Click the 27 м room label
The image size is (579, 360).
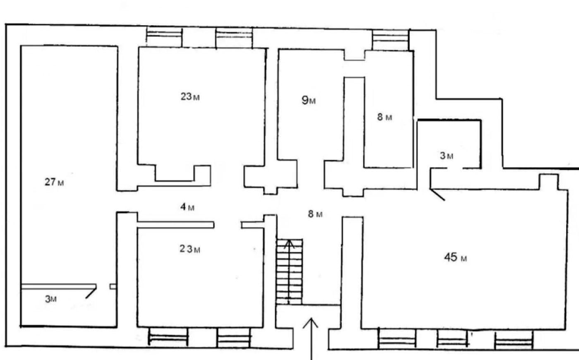[54, 182]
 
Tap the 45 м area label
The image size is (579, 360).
[455, 257]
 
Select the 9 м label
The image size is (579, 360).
[309, 100]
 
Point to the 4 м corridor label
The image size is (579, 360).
[187, 207]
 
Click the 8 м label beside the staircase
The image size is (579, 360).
[315, 214]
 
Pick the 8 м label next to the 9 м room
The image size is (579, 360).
[385, 117]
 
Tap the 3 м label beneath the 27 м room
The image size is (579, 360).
[50, 299]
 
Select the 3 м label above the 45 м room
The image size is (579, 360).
[446, 156]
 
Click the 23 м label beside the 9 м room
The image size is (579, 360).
[190, 97]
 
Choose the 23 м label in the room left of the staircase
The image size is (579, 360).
[190, 249]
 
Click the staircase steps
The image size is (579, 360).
[289, 271]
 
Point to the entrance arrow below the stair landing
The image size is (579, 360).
[311, 339]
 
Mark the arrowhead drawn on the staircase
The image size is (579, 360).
[289, 244]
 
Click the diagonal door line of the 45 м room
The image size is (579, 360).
[437, 195]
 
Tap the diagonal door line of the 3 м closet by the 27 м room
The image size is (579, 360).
[91, 293]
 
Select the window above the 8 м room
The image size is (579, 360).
[390, 40]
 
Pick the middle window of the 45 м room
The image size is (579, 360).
[452, 339]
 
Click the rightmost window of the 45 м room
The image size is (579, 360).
[514, 340]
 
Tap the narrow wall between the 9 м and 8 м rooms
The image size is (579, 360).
[354, 122]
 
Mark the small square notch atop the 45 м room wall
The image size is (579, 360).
[549, 182]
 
